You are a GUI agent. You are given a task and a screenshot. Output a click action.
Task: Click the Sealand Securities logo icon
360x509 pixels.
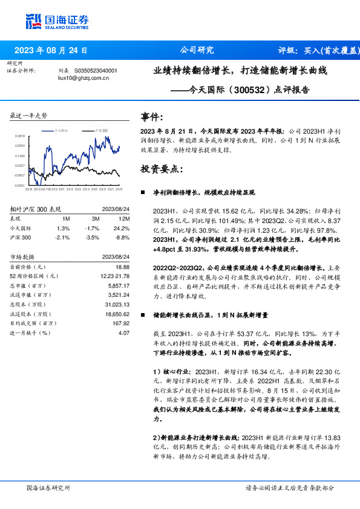(x=33, y=22)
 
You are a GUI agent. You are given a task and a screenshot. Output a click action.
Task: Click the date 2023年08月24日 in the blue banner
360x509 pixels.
(x=51, y=51)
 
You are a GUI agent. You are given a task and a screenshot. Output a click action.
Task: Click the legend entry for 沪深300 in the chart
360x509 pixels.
(x=101, y=131)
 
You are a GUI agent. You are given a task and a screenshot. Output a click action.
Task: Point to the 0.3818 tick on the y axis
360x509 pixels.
(x=20, y=136)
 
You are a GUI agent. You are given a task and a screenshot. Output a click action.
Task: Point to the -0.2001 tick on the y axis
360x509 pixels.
(x=20, y=186)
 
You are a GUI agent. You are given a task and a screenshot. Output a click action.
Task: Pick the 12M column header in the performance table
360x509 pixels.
(x=125, y=218)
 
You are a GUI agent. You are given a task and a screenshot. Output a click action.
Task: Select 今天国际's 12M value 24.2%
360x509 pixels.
(x=122, y=228)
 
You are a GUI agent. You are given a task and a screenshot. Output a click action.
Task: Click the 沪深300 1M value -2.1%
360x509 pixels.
(x=62, y=238)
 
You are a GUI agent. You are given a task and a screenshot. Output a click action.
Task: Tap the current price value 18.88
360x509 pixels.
(x=122, y=267)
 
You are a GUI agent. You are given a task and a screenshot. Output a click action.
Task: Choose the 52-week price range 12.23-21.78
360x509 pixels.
(x=114, y=276)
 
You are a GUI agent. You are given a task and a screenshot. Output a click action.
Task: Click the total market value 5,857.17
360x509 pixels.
(x=118, y=285)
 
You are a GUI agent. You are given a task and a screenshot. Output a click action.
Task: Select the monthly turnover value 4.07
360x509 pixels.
(x=124, y=332)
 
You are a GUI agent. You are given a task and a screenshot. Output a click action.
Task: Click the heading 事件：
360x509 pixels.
(x=151, y=117)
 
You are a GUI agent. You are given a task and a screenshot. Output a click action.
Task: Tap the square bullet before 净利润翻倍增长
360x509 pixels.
(x=142, y=192)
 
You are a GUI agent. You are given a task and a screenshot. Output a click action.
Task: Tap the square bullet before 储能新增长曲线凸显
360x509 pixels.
(x=142, y=316)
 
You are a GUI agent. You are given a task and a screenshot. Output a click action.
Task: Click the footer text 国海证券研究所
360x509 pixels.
(x=48, y=487)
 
